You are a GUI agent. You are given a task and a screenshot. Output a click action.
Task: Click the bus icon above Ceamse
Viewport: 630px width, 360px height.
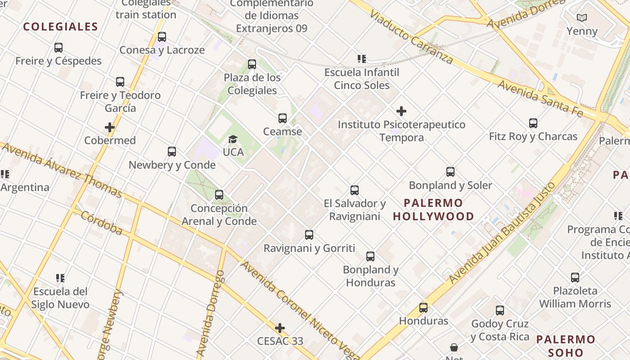[283, 118]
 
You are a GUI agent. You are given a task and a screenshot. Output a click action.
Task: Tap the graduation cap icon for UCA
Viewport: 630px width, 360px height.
[233, 139]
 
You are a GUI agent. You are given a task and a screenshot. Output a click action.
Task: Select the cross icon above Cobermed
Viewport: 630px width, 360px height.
[110, 127]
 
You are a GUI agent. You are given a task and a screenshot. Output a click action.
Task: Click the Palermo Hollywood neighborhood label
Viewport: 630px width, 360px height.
[433, 210]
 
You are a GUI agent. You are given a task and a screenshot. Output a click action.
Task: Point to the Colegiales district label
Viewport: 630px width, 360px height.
[60, 27]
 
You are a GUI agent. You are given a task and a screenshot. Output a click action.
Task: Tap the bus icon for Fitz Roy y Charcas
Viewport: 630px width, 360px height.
[533, 123]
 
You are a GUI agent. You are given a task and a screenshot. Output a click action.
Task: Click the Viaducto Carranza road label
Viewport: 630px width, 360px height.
[411, 38]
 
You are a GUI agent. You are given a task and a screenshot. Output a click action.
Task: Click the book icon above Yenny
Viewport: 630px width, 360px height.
[582, 18]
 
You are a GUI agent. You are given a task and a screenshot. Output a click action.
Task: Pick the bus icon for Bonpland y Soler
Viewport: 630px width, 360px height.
[450, 172]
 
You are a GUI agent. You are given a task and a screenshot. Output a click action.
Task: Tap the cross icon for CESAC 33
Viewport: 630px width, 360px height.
[280, 328]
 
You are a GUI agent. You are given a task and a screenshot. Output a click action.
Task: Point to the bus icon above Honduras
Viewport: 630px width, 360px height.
[423, 308]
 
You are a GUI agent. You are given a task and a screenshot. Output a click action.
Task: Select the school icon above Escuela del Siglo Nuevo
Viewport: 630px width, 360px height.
[60, 278]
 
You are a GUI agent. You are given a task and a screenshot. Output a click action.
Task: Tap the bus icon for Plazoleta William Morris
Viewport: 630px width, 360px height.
[575, 278]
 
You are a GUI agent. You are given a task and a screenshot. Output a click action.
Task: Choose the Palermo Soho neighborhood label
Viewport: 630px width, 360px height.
[566, 346]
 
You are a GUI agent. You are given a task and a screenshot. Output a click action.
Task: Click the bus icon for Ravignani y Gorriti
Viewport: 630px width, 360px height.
[309, 235]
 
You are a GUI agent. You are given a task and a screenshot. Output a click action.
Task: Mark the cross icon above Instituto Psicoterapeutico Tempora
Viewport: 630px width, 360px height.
[401, 111]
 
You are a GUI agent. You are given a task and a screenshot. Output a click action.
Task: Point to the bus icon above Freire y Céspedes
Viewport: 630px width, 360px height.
[58, 48]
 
